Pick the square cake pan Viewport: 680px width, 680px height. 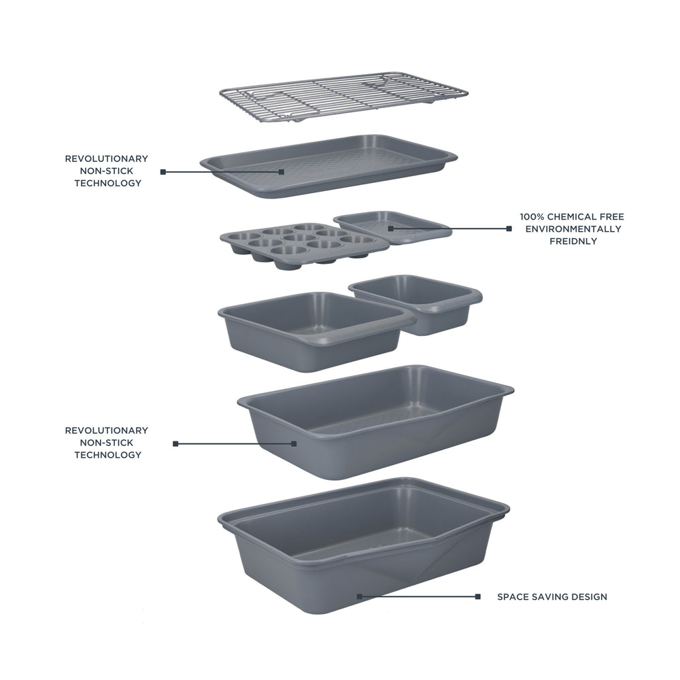(313, 330)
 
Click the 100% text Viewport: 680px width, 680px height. (533, 217)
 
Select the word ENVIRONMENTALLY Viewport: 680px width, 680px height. (573, 229)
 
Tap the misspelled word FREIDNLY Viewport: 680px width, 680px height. (573, 241)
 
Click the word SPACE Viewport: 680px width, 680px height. (511, 597)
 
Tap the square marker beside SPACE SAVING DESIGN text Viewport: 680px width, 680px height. (478, 597)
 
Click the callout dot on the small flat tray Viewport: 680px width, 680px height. (390, 228)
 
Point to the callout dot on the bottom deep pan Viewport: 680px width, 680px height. (359, 596)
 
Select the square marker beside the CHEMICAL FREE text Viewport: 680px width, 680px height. (509, 228)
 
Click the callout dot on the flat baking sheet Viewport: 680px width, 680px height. (282, 172)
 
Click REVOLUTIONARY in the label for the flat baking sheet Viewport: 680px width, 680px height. (106, 158)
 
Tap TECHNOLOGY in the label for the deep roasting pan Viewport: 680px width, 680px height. (107, 455)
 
